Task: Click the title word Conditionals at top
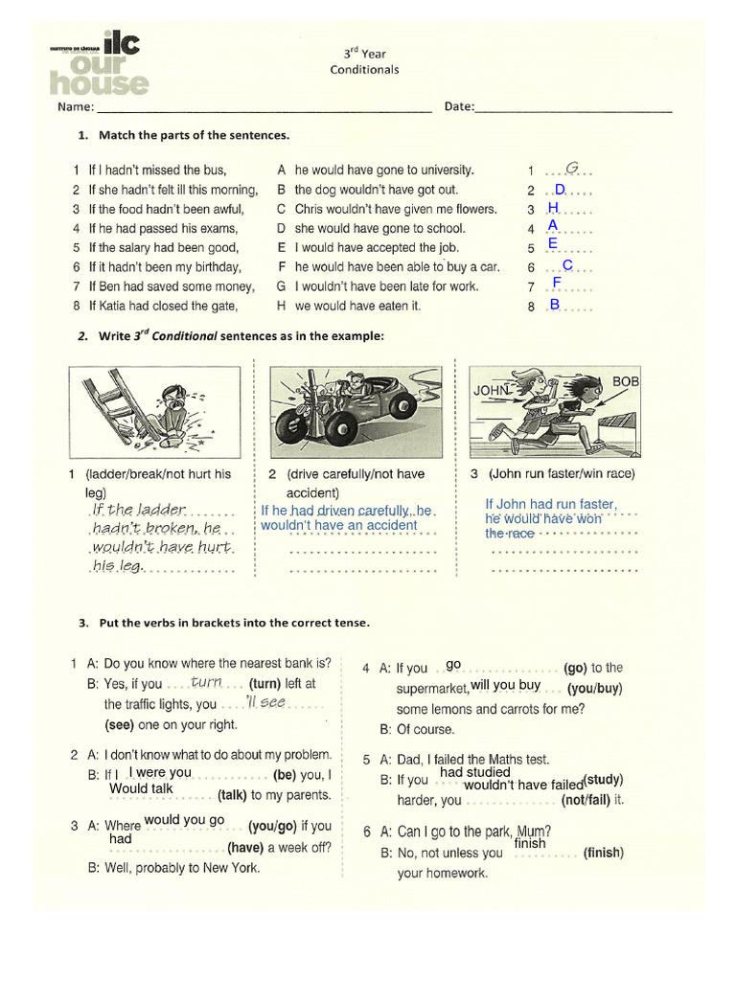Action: (x=364, y=69)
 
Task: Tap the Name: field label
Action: (x=76, y=106)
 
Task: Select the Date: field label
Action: (x=459, y=106)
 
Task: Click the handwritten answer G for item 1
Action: (x=570, y=168)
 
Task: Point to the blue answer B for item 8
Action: (x=554, y=305)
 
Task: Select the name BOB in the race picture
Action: (x=626, y=381)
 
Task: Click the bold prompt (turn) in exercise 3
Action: (x=265, y=684)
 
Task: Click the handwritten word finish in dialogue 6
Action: (x=530, y=844)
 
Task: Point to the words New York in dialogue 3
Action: (x=231, y=868)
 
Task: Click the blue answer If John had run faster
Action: (x=550, y=504)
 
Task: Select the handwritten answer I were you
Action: (x=160, y=772)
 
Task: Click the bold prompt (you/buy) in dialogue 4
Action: (x=594, y=688)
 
